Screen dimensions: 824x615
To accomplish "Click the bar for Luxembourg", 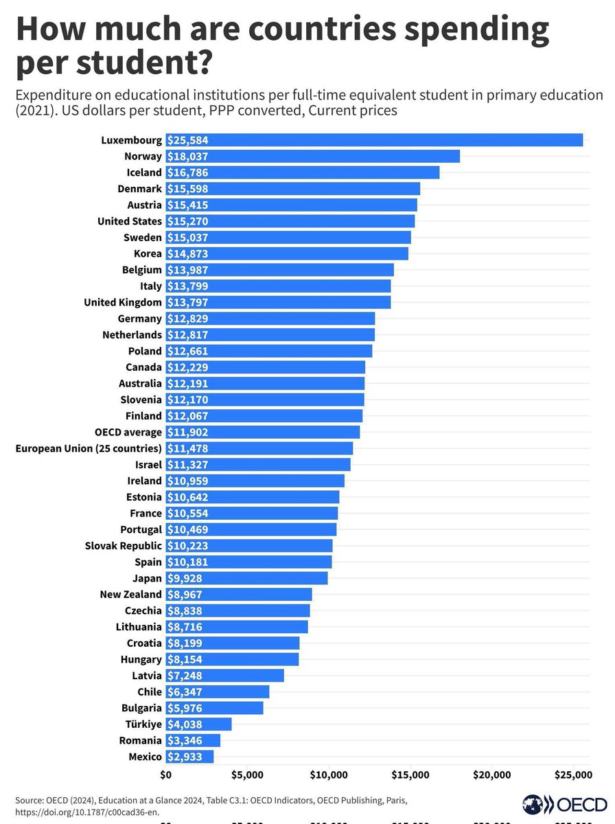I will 374,140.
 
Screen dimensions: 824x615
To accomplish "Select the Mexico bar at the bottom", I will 189,757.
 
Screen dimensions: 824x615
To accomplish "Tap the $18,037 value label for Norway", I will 187,157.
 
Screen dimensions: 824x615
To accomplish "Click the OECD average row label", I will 128,432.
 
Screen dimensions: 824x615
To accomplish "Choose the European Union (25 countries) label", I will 89,448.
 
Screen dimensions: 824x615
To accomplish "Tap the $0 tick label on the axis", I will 166,775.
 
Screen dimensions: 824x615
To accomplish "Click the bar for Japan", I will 246,578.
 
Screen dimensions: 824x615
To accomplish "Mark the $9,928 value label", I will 185,578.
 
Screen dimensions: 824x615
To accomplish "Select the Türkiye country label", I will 143,724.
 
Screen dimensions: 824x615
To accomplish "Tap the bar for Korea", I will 287,253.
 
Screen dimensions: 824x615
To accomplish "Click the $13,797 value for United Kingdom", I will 187,302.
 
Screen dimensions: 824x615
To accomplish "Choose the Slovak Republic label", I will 123,546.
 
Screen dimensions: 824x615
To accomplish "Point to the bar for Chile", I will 218,691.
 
